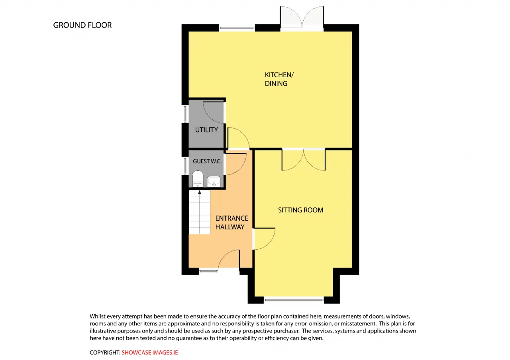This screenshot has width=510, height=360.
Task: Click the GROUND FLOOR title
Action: coord(82,25)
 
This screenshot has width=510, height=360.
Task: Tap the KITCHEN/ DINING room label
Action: coord(279,79)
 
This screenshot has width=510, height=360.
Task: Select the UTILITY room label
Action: coord(206,130)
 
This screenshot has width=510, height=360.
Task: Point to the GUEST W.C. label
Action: coord(207,161)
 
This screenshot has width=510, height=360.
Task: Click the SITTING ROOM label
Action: coord(300,210)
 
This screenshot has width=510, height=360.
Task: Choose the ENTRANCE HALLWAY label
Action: coord(232,223)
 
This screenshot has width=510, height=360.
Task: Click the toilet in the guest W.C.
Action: coord(198,179)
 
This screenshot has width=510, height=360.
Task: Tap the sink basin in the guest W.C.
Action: coord(214,181)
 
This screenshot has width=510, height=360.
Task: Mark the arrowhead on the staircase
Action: coord(200,192)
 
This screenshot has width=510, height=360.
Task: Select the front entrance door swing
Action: coord(229,258)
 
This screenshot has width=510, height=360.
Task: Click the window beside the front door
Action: coord(208,271)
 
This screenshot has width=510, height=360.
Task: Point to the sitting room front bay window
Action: coord(294,300)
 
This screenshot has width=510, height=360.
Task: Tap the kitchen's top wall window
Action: coord(237,28)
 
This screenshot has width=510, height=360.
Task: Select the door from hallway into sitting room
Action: coord(264,239)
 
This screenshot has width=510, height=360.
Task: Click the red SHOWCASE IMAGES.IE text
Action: coord(149,352)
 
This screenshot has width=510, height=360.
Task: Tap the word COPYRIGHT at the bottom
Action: coord(105,352)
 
